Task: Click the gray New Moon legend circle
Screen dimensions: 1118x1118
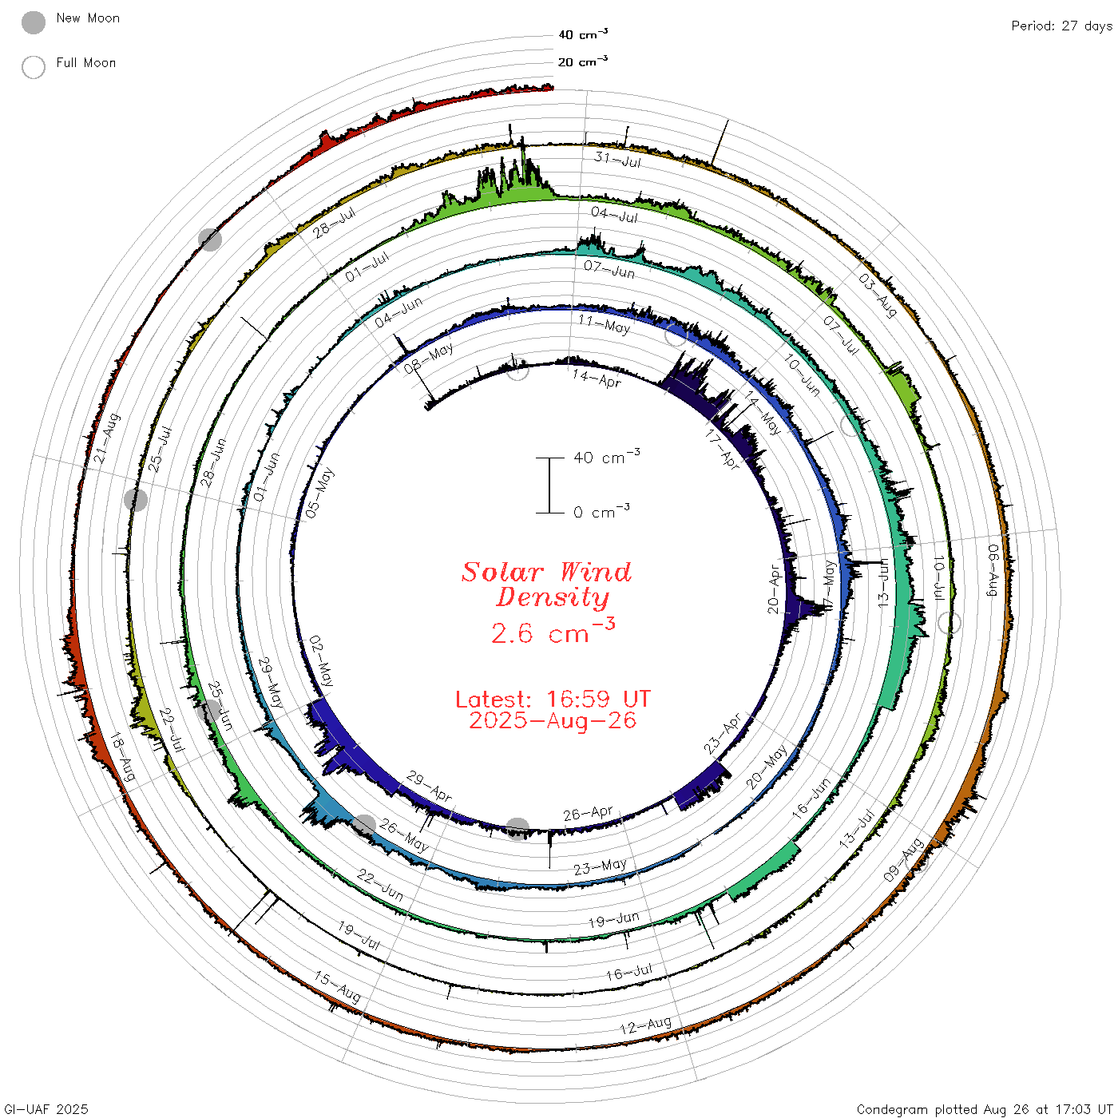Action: tap(33, 22)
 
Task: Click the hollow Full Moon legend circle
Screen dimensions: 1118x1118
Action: tap(33, 67)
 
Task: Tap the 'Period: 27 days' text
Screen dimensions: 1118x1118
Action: tap(1061, 26)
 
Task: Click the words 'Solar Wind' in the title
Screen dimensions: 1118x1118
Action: tap(546, 572)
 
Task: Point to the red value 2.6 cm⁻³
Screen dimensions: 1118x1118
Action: tap(553, 632)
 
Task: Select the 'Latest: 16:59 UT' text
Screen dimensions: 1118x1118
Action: tap(553, 699)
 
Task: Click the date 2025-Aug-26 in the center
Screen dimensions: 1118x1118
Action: tap(553, 720)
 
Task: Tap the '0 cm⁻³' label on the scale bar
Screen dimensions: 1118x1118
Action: tap(601, 511)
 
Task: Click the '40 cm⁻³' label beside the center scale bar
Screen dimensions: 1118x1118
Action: tap(607, 456)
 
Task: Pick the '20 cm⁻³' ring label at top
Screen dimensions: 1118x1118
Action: tap(582, 61)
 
